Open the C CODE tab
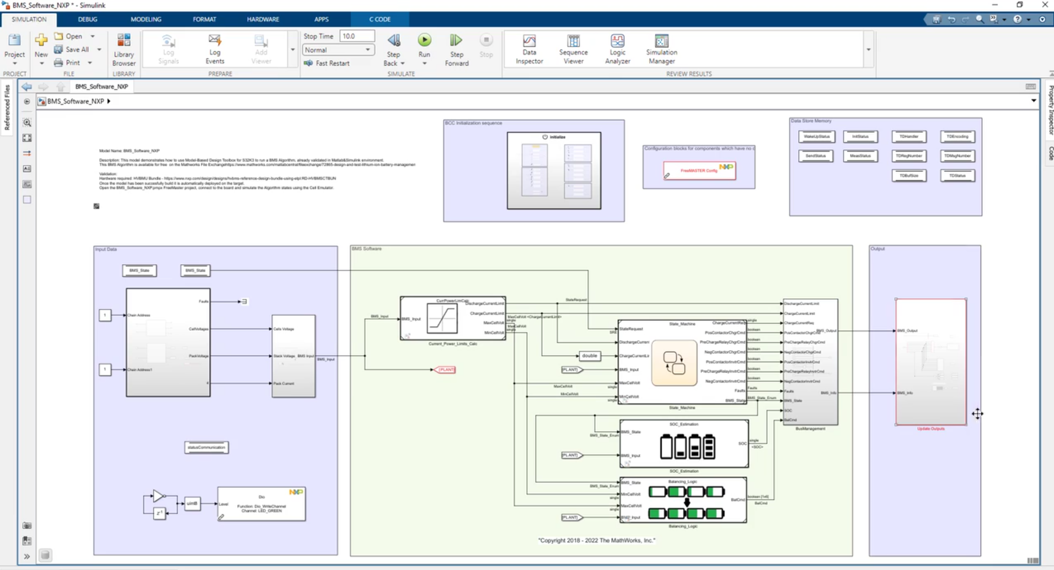click(379, 19)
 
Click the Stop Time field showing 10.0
click(356, 36)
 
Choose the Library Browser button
click(124, 49)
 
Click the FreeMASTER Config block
click(699, 170)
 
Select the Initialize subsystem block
click(554, 171)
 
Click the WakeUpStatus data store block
click(816, 137)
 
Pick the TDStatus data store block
click(957, 176)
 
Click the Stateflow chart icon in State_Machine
click(674, 363)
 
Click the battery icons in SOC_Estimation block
click(687, 447)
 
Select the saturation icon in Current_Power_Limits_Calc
click(442, 319)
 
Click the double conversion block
click(589, 356)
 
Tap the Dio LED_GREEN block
click(261, 504)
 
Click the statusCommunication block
click(206, 447)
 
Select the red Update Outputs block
click(930, 362)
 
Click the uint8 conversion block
click(192, 503)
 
